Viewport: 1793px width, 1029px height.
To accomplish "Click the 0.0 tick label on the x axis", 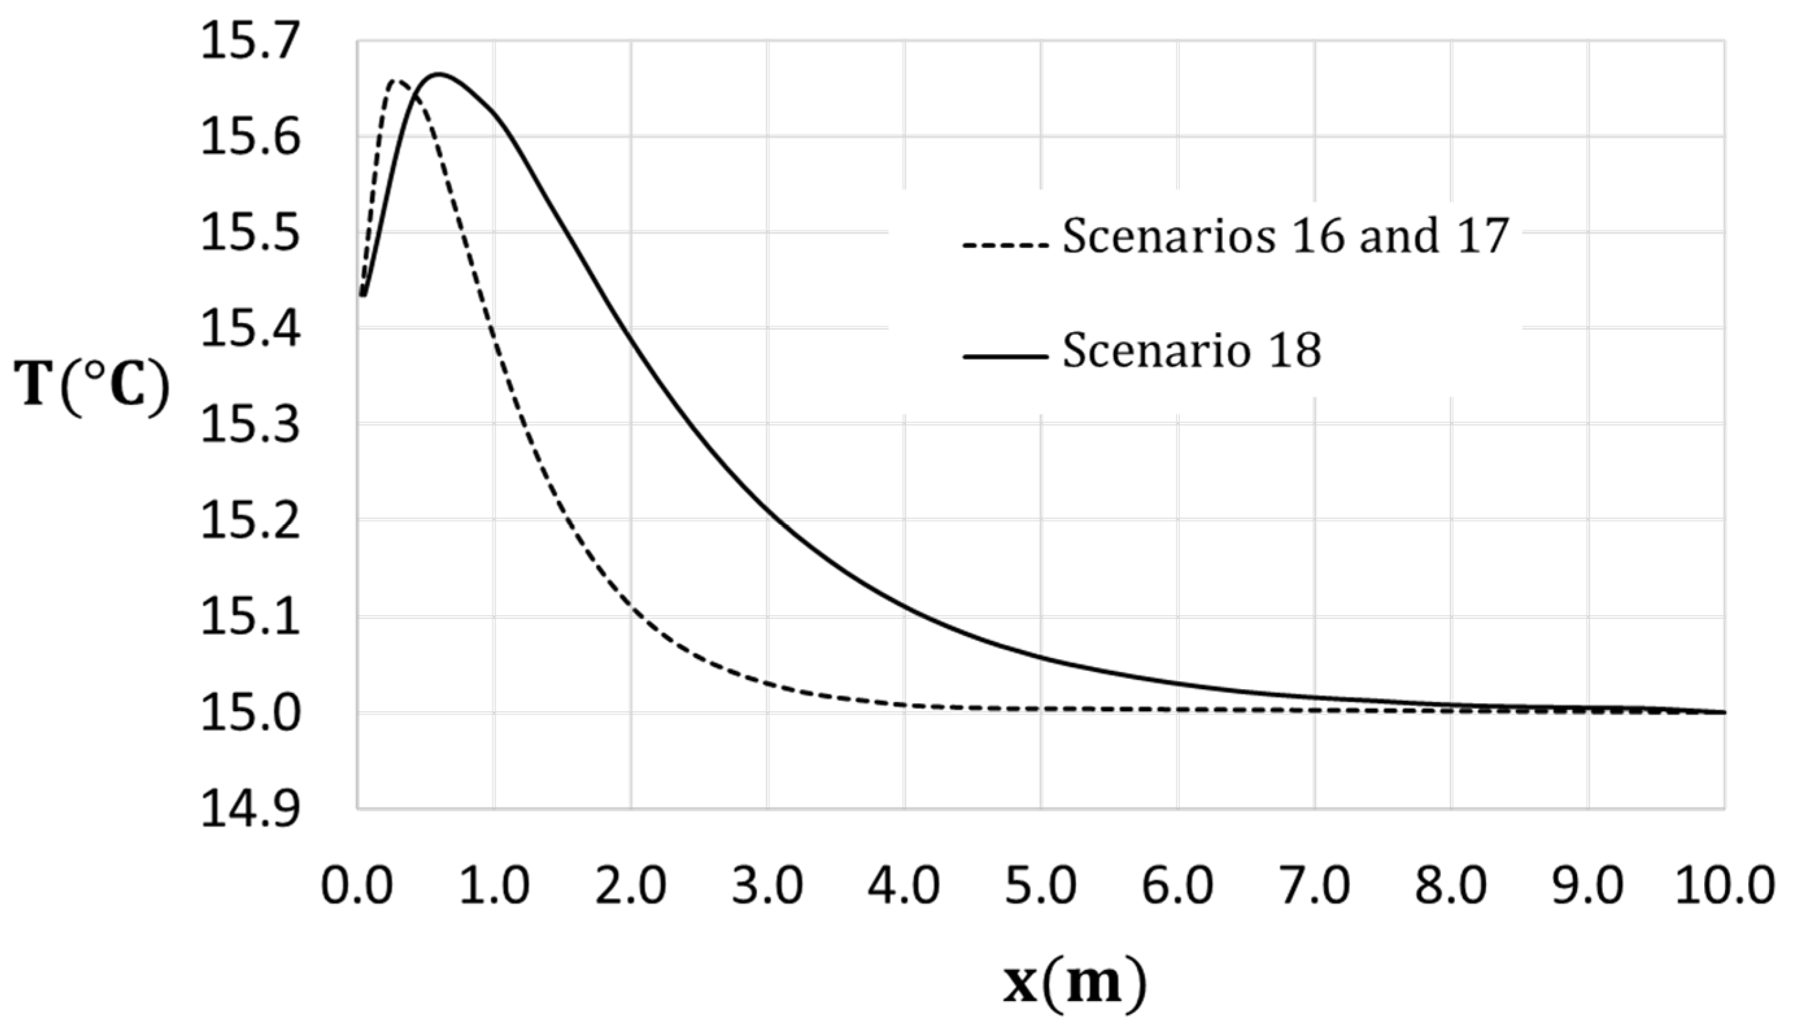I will point(357,886).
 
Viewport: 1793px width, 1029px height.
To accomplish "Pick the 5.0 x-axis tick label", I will point(1041,886).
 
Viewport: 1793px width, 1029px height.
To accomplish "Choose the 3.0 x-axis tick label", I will point(767,886).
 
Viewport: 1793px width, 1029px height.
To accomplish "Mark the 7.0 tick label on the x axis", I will point(1315,886).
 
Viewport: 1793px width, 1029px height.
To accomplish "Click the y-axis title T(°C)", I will point(93,387).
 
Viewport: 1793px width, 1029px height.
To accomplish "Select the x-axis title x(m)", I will point(1074,983).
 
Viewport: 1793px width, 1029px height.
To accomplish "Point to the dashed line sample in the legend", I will point(1005,246).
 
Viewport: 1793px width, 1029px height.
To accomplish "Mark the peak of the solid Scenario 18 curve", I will point(439,73).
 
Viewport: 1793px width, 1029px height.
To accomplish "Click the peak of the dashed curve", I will point(396,81).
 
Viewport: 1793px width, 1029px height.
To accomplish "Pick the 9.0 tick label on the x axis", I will point(1588,886).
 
